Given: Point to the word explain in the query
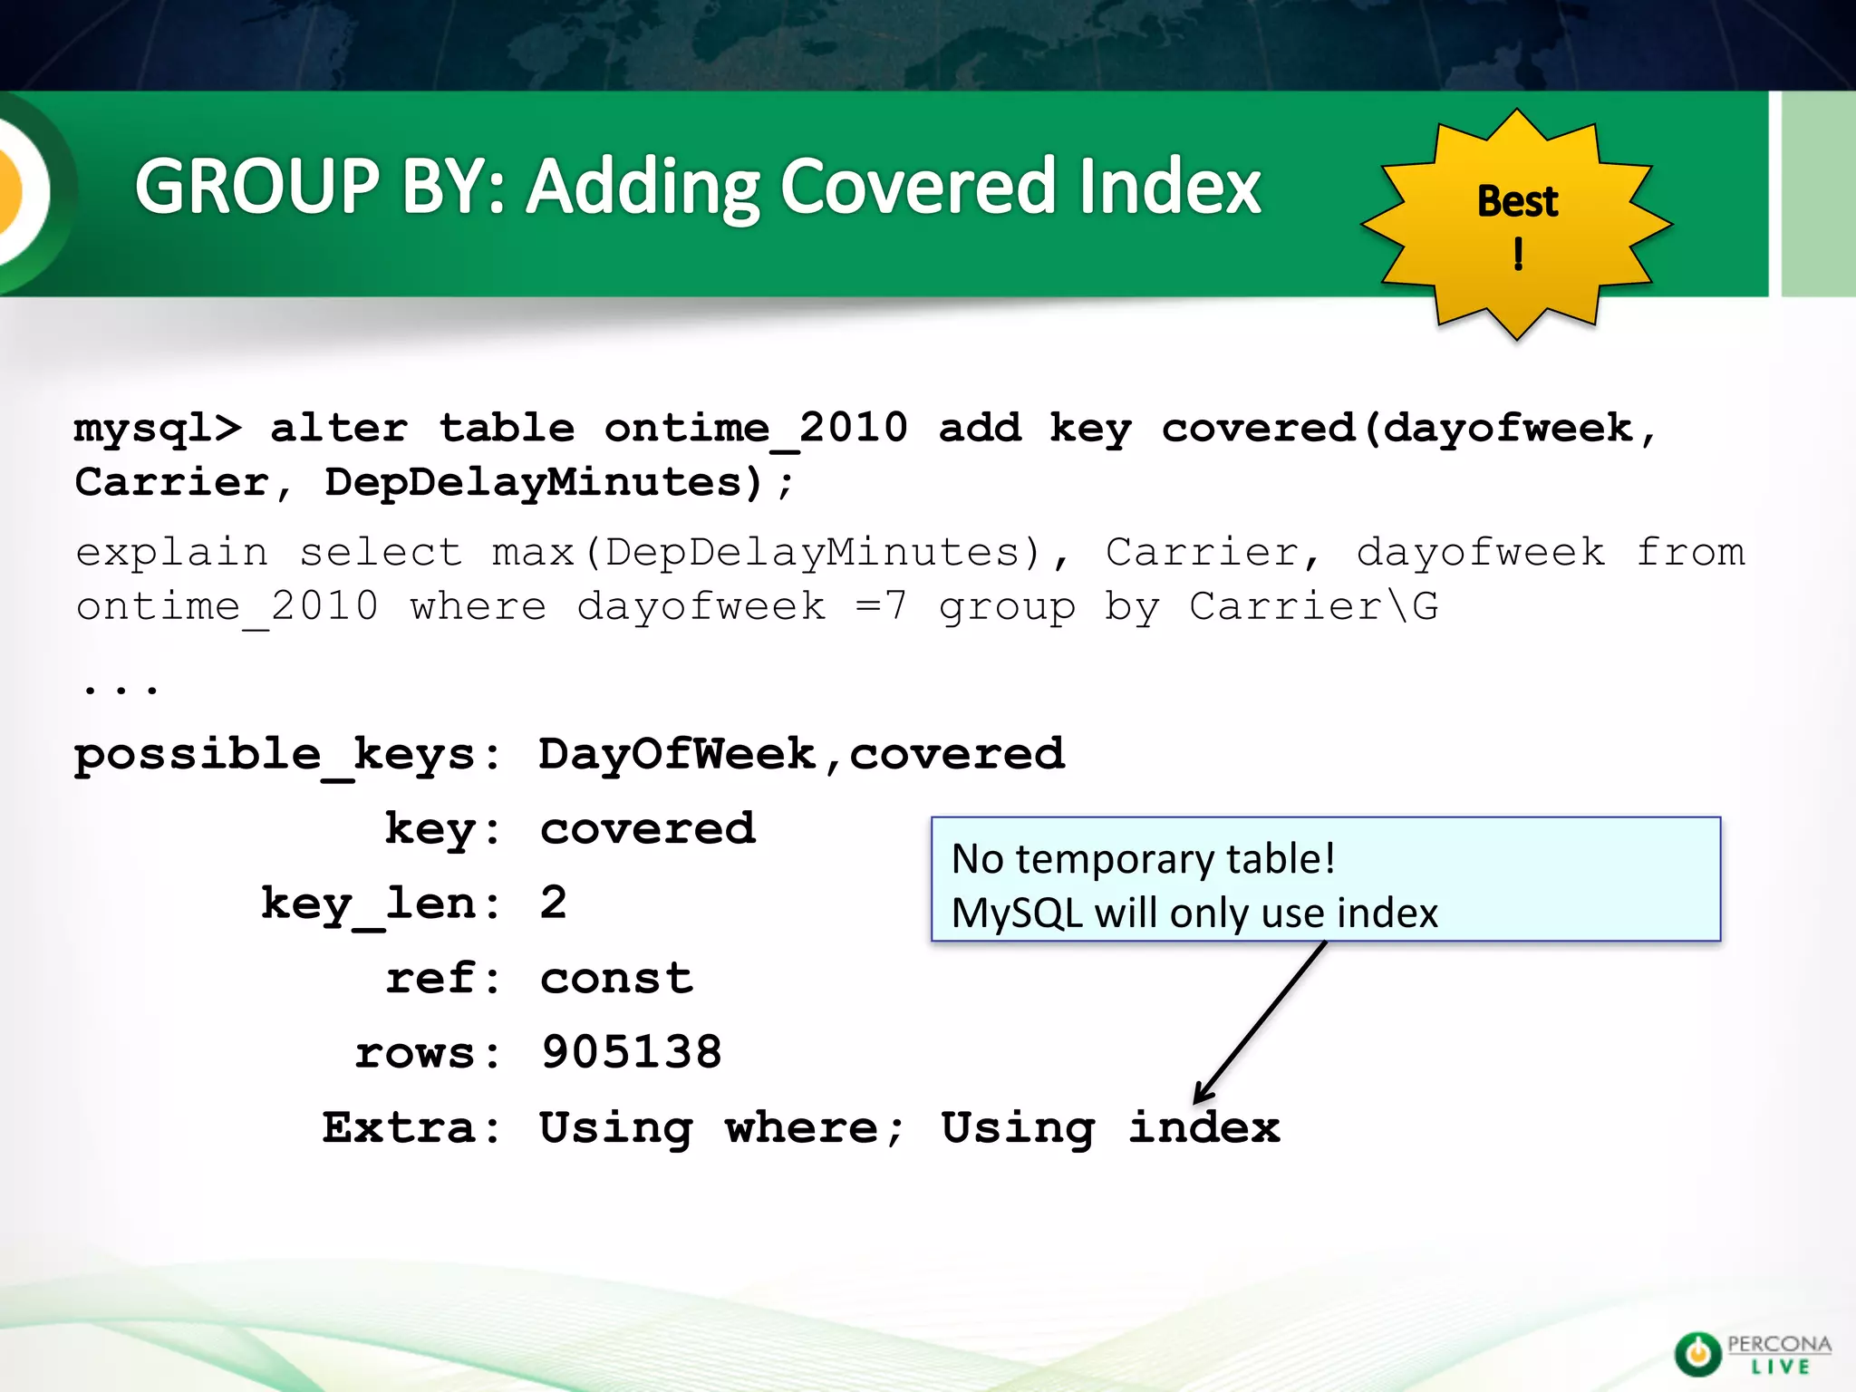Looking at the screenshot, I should click(172, 553).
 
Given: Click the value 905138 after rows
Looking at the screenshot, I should click(632, 1053).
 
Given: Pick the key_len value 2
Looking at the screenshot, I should click(553, 904).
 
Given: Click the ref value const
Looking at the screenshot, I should click(616, 979).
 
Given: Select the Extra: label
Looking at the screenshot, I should click(411, 1128).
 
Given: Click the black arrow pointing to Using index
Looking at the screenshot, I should click(1261, 1022).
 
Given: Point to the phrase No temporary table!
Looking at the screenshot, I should click(1143, 858).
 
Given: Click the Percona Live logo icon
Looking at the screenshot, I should click(1696, 1354).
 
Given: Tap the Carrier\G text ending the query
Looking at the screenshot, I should click(1313, 607).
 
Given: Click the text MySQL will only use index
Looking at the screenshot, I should click(1194, 913).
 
